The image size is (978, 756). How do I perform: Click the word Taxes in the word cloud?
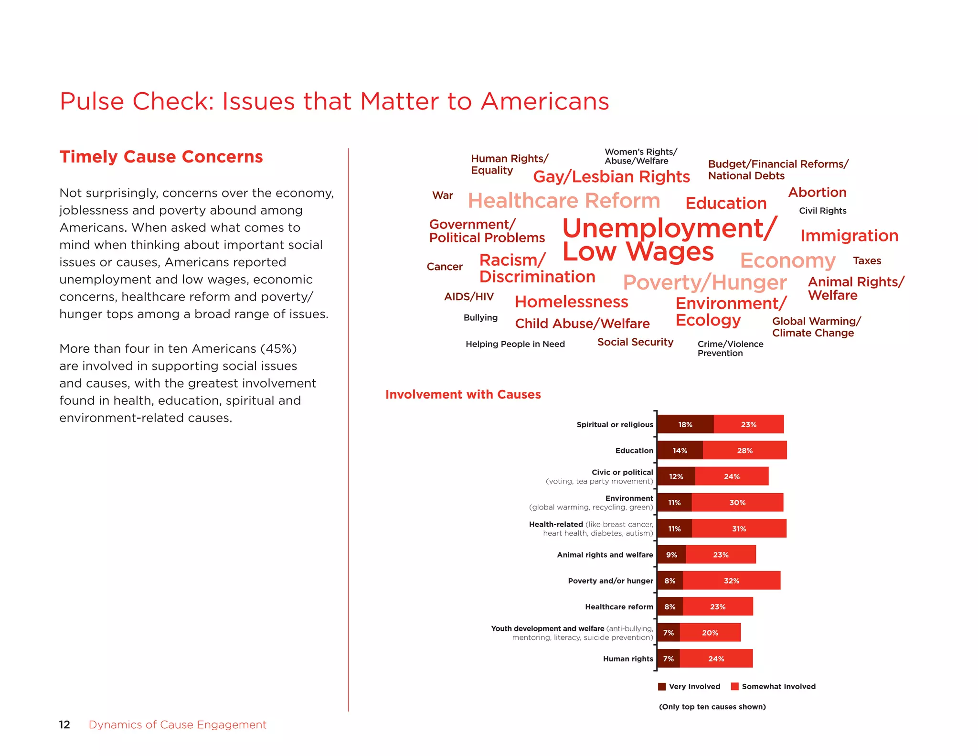[867, 260]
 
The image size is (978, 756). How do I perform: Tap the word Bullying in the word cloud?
[480, 318]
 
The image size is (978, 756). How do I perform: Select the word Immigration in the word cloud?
[849, 236]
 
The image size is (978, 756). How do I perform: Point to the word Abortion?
[817, 192]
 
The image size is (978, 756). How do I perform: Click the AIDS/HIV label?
[468, 297]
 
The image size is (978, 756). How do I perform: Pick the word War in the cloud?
[442, 195]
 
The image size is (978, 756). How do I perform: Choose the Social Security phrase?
[635, 342]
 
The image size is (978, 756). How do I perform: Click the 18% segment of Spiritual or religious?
[685, 424]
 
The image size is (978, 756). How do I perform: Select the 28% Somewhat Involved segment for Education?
[744, 451]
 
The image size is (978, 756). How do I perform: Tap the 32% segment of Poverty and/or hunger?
[731, 581]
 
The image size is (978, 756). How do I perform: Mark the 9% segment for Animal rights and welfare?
[671, 555]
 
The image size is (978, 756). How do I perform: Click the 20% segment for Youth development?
[710, 633]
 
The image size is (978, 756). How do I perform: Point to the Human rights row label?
[627, 659]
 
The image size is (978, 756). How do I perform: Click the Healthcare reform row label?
[619, 607]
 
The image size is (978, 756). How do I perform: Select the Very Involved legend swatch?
[662, 687]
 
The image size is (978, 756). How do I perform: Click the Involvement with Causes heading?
[463, 395]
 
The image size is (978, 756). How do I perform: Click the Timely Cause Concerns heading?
[161, 157]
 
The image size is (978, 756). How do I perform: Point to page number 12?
[64, 725]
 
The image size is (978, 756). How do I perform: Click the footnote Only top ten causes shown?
[712, 707]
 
